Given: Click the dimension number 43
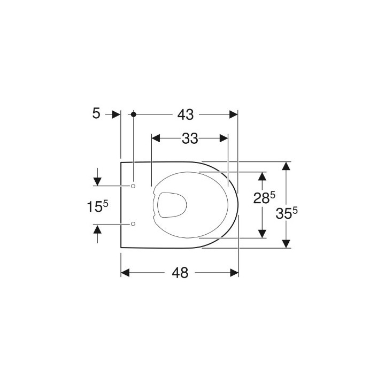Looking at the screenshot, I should (x=186, y=114).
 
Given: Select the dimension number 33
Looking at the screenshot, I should (x=189, y=138).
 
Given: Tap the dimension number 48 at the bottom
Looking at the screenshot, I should (x=181, y=273).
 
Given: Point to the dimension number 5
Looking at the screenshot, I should (x=96, y=114).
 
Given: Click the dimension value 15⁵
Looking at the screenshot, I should (x=98, y=205).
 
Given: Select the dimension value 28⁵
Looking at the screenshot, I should (x=264, y=198).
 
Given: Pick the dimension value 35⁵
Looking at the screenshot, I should (x=287, y=213).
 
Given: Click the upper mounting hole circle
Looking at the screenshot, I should (x=133, y=186).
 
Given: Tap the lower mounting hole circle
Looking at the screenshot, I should (x=133, y=223).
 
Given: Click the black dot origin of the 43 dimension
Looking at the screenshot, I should (x=133, y=114).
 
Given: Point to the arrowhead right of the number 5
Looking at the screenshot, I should (x=115, y=114).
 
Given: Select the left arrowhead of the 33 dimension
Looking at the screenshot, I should (x=156, y=138).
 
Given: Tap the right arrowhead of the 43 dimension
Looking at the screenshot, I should (x=234, y=114).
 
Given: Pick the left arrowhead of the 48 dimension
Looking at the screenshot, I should (x=126, y=273).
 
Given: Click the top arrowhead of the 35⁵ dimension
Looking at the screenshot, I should (x=287, y=165).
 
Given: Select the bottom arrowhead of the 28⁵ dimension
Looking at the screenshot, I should (x=262, y=234).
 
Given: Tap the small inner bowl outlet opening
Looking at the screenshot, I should (x=172, y=204).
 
